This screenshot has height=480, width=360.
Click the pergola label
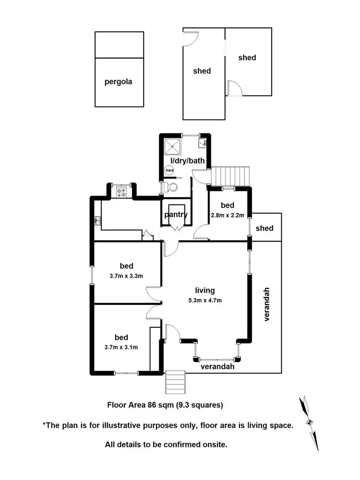[118, 82]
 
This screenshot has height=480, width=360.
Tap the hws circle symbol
[169, 170]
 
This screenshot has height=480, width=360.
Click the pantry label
[176, 215]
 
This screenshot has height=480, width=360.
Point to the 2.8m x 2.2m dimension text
[228, 216]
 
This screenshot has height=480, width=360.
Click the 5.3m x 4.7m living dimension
[204, 300]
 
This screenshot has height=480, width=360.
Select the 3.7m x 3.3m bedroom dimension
[126, 276]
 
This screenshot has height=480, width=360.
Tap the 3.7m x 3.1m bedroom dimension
[121, 348]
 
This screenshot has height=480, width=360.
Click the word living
[204, 290]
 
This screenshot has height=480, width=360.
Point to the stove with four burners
[121, 192]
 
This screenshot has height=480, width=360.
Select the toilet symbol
[171, 187]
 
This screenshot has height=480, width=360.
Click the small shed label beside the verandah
[264, 228]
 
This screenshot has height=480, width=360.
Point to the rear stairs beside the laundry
[232, 175]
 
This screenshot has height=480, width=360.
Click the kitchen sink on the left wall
[97, 221]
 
